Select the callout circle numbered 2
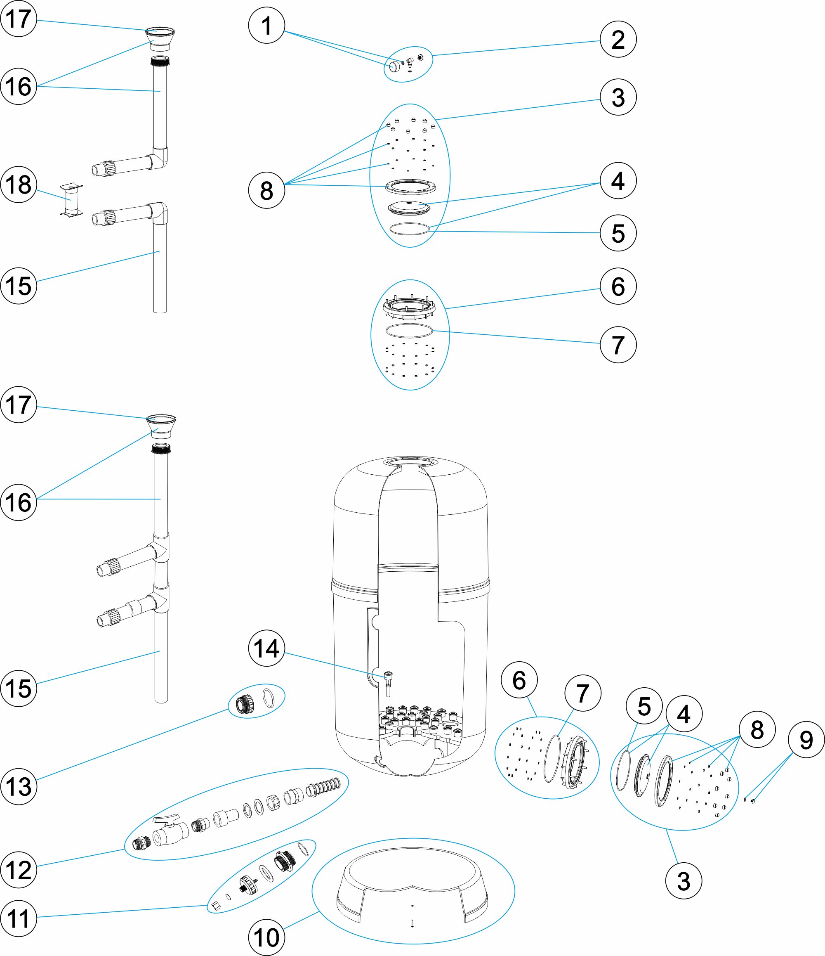pos(618,39)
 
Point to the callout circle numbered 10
pos(266,937)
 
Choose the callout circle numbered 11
pos(19,918)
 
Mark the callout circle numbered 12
pos(19,870)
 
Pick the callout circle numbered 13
pos(19,786)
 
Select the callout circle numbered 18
pos(19,185)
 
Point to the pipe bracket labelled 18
pos(71,200)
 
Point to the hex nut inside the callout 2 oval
pos(420,57)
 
